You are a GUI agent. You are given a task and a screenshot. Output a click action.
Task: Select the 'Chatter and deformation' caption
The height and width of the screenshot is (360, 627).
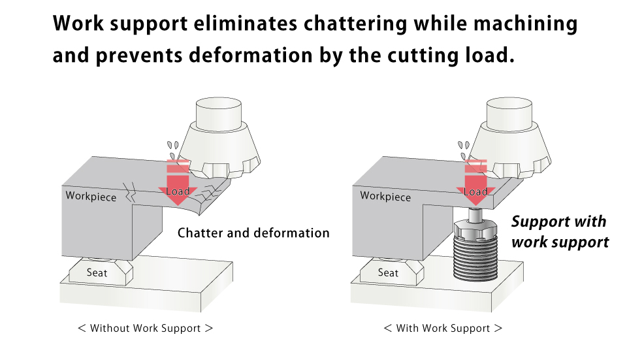click(x=253, y=233)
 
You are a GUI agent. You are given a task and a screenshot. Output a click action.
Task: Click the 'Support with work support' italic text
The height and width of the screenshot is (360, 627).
click(x=559, y=232)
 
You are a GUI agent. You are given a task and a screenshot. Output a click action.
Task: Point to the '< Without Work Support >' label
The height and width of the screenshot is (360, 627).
click(x=145, y=328)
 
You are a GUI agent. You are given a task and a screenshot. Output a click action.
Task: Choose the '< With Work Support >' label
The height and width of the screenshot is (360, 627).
click(x=443, y=328)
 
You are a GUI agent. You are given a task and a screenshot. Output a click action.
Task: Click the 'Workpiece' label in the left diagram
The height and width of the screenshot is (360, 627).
click(x=91, y=196)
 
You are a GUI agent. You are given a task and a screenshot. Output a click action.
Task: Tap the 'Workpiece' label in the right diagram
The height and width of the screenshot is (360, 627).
click(x=385, y=196)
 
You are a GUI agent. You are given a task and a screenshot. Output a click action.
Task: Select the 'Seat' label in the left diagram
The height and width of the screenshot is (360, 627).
click(x=97, y=272)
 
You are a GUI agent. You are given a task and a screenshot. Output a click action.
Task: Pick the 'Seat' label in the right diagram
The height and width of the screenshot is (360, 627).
click(x=388, y=272)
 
